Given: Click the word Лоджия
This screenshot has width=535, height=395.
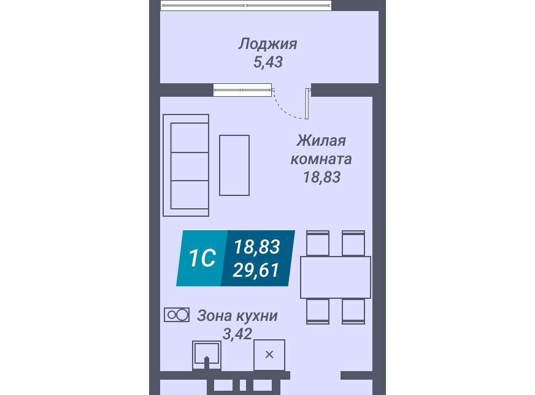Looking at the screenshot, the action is click(x=268, y=44).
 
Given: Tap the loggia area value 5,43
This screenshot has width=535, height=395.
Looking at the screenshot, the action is click(x=268, y=62).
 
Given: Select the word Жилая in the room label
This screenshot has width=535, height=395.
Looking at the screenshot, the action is click(x=321, y=140).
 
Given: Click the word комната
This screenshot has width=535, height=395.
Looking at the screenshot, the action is click(x=321, y=159).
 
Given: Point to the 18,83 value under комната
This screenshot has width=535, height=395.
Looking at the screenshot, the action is click(x=321, y=177).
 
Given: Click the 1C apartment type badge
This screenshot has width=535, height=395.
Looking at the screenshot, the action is click(x=202, y=258).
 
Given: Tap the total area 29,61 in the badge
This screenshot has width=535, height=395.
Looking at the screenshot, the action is click(x=256, y=270).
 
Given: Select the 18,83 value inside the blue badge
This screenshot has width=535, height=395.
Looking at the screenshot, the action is click(x=257, y=247).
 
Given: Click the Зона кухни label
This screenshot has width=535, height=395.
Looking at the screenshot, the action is click(x=237, y=316).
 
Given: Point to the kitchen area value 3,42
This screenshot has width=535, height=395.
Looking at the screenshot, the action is click(x=237, y=334).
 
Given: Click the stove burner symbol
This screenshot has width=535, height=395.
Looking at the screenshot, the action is click(x=177, y=315).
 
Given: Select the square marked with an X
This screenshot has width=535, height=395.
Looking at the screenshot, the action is click(x=269, y=355).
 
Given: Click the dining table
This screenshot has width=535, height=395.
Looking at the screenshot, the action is click(x=336, y=277).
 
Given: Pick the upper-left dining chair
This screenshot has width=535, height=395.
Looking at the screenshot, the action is click(x=318, y=243).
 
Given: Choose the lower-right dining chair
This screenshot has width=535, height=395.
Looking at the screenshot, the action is click(x=353, y=311).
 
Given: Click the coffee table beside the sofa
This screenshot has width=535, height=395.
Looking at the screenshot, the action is click(x=234, y=165).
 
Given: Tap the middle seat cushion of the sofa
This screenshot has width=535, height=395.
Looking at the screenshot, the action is click(x=190, y=166).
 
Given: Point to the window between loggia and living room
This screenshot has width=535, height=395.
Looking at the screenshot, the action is click(x=242, y=90).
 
